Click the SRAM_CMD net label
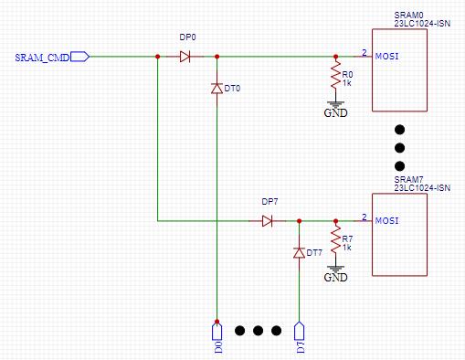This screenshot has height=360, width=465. click(x=41, y=58)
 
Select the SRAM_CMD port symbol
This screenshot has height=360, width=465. click(x=80, y=57)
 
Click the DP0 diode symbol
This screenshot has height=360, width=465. click(x=185, y=57)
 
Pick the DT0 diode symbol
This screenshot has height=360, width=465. click(x=217, y=89)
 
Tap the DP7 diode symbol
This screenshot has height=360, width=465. click(x=267, y=220)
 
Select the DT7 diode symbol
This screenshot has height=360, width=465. click(x=299, y=252)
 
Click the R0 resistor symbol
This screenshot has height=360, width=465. click(x=335, y=78)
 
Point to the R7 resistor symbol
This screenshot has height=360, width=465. click(x=335, y=242)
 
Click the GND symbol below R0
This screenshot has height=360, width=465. click(x=335, y=108)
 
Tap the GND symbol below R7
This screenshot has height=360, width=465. click(x=335, y=271)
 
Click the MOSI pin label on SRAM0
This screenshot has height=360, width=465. click(x=387, y=57)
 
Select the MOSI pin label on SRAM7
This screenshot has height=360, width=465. click(x=387, y=221)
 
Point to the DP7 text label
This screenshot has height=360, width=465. click(x=269, y=201)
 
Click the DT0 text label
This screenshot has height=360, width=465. click(x=232, y=89)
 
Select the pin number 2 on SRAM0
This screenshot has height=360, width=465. click(x=364, y=52)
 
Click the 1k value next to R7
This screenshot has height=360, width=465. click(x=347, y=248)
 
